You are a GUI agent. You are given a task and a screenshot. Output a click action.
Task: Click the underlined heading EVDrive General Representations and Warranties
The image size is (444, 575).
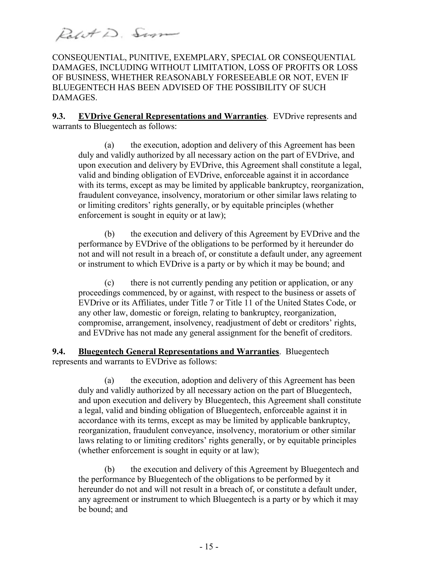[x=172, y=116]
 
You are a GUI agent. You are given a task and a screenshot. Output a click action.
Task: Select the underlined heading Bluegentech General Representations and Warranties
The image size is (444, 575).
[x=179, y=352]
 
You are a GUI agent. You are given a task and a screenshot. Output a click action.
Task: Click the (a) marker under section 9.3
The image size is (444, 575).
[x=109, y=145]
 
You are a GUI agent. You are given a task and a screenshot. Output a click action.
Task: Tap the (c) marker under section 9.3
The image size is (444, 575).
[x=109, y=283]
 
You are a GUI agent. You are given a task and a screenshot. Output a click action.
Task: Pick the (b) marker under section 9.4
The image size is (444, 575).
[x=109, y=469]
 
